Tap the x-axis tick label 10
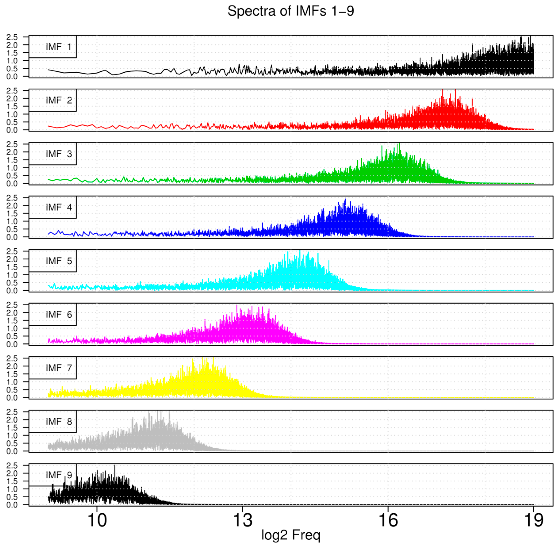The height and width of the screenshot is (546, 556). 97,520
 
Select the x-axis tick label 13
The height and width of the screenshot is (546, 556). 243,520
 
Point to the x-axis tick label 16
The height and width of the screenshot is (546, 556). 388,520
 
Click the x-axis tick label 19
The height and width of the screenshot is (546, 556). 533,520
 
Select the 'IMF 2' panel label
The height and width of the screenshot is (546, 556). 59,100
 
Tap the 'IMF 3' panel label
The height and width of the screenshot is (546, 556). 59,154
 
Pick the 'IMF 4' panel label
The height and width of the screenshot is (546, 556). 59,207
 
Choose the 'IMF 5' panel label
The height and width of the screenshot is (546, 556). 59,261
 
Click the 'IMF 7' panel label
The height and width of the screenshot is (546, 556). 59,368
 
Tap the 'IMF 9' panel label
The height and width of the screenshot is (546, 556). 59,475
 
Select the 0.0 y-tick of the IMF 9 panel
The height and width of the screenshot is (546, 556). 12,505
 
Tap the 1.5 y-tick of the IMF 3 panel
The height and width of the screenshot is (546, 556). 12,160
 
